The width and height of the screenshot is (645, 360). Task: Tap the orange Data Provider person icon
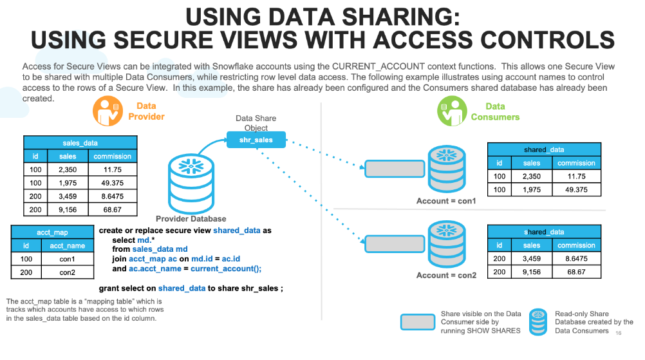point(108,111)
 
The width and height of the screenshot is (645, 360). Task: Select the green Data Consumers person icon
point(453,111)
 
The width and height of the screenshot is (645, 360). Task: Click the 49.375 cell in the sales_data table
point(113,183)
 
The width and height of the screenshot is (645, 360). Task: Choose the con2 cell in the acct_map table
point(68,272)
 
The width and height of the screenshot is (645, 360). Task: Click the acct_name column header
point(68,245)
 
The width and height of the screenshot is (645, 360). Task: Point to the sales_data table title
point(80,142)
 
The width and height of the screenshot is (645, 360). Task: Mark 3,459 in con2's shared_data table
point(532,258)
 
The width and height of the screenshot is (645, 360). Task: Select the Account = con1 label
point(446,201)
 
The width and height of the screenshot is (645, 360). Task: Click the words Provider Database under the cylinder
point(191,218)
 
